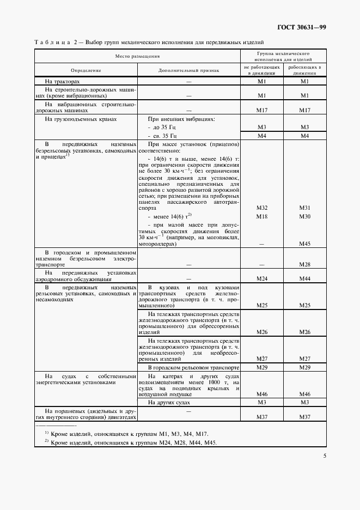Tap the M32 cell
(x=261, y=208)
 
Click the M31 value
(x=304, y=208)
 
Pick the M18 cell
(x=261, y=216)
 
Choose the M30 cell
(x=304, y=216)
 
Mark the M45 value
(x=304, y=244)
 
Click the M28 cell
(x=304, y=264)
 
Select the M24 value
(x=261, y=278)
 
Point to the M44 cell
(x=304, y=278)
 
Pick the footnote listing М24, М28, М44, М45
(x=133, y=442)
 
